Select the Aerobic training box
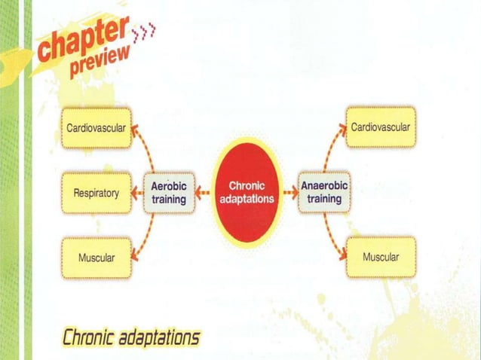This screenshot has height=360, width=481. pyautogui.click(x=169, y=192)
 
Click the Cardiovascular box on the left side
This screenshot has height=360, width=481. pyautogui.click(x=96, y=127)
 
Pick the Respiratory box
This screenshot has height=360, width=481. pyautogui.click(x=96, y=193)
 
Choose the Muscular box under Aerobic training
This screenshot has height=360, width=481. pyautogui.click(x=96, y=258)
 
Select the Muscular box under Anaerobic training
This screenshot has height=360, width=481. pyautogui.click(x=381, y=257)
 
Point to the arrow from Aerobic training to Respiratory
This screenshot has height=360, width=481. pyautogui.click(x=136, y=193)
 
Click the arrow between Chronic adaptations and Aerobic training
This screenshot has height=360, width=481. pyautogui.click(x=204, y=193)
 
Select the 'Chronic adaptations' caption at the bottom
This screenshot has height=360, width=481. pyautogui.click(x=131, y=336)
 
